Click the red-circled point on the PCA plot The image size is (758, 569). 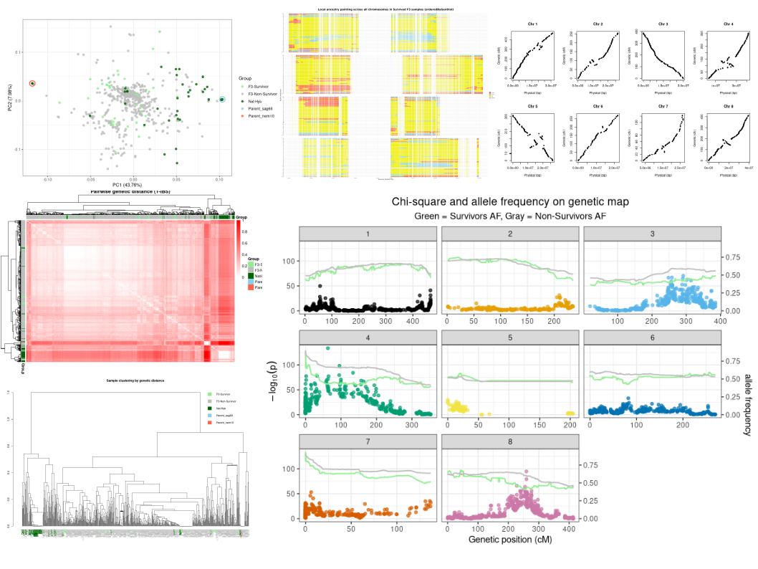pyautogui.click(x=32, y=84)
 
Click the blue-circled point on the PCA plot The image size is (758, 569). pyautogui.click(x=221, y=100)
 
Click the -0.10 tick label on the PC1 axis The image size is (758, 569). pyautogui.click(x=48, y=178)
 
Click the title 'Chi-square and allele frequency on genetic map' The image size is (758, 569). pyautogui.click(x=510, y=202)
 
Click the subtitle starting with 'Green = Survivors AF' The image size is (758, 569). pyautogui.click(x=510, y=216)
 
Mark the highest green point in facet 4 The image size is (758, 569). pyautogui.click(x=327, y=348)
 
